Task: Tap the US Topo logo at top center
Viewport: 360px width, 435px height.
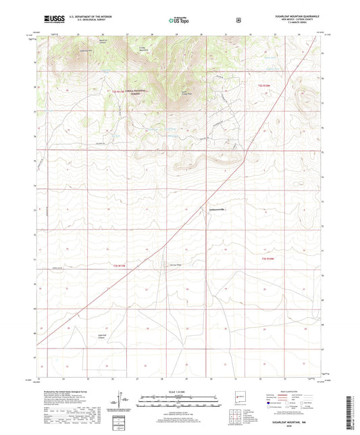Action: (179, 20)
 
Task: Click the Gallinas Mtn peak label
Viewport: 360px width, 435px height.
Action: (86, 51)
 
